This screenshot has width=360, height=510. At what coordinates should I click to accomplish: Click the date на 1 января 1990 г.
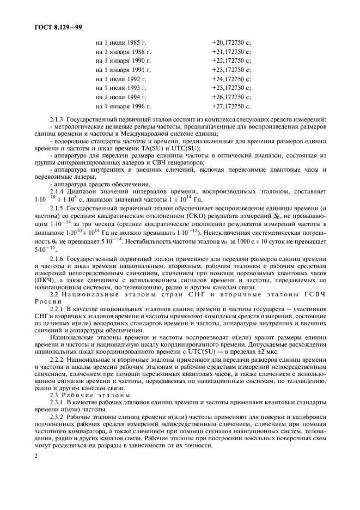[x=123, y=60]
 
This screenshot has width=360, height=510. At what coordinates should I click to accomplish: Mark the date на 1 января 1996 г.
[x=123, y=106]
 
